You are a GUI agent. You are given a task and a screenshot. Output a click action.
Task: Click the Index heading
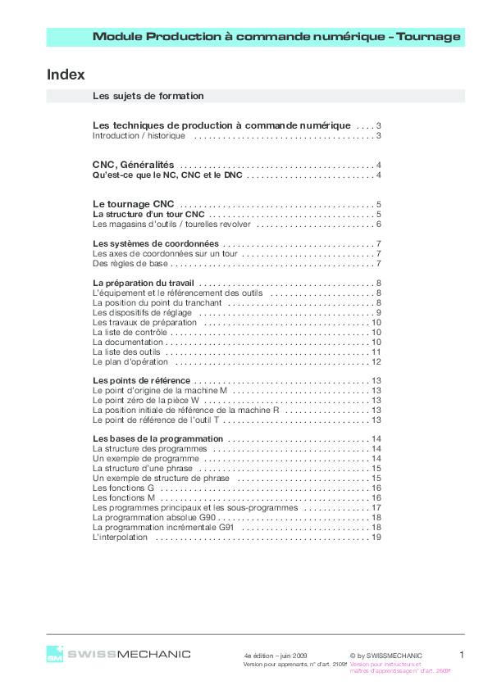(x=66, y=75)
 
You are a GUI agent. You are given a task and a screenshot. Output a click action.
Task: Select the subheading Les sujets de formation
(x=148, y=96)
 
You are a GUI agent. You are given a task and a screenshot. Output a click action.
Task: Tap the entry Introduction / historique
(x=139, y=136)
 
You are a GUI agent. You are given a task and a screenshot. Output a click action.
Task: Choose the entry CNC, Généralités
(x=133, y=166)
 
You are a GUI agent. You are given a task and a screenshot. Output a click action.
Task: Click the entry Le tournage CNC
(x=132, y=204)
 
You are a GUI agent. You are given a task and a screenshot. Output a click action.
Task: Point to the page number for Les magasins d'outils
(x=380, y=225)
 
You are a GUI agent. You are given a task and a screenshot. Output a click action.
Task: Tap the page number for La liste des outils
(x=376, y=352)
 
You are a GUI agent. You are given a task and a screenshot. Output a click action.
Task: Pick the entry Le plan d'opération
(x=130, y=361)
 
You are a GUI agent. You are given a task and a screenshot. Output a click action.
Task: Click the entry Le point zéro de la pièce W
(x=146, y=401)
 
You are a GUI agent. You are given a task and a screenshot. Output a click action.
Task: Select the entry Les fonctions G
(x=124, y=488)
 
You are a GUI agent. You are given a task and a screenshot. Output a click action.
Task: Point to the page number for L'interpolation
(x=376, y=538)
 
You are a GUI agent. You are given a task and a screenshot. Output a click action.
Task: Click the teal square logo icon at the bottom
(x=54, y=654)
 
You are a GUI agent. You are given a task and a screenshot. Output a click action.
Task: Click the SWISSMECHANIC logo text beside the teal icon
(x=129, y=654)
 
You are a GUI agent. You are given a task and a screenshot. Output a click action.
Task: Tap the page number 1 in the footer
(x=462, y=654)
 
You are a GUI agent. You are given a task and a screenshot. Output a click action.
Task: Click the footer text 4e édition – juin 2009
(x=275, y=656)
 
